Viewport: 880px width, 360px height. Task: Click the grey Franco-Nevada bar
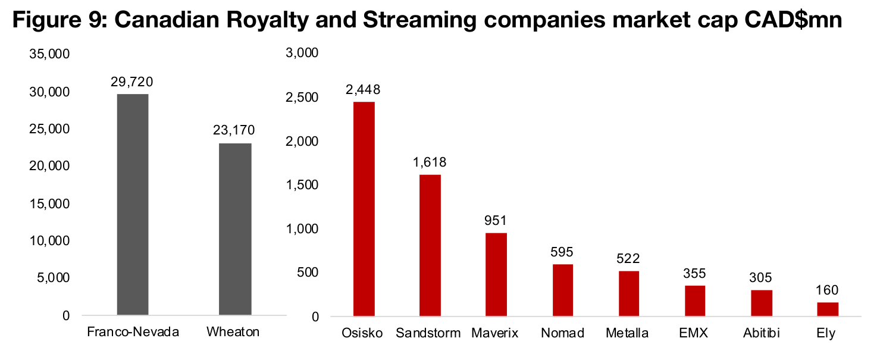pyautogui.click(x=133, y=204)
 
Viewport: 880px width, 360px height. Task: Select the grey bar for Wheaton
pyautogui.click(x=235, y=228)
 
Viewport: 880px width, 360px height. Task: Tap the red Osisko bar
pyautogui.click(x=364, y=208)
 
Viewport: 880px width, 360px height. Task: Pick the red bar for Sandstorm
pyautogui.click(x=430, y=245)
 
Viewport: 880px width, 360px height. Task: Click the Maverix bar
pyautogui.click(x=496, y=274)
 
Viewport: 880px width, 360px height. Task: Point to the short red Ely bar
pyautogui.click(x=828, y=309)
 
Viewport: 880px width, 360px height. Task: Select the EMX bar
pyautogui.click(x=695, y=300)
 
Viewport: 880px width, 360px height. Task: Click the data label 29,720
pyautogui.click(x=133, y=82)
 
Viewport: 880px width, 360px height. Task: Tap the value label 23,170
pyautogui.click(x=235, y=130)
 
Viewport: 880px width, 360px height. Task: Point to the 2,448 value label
pyautogui.click(x=364, y=89)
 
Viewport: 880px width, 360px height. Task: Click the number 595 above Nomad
pyautogui.click(x=562, y=252)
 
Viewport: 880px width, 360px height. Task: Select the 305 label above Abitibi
pyautogui.click(x=761, y=278)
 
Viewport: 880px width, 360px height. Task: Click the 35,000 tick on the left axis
pyautogui.click(x=50, y=54)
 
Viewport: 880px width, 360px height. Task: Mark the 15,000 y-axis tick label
pyautogui.click(x=50, y=204)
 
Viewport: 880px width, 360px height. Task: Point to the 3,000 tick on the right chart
pyautogui.click(x=303, y=54)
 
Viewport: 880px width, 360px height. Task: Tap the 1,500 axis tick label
pyautogui.click(x=303, y=185)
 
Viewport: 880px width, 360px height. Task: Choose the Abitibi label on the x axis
pyautogui.click(x=761, y=333)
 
